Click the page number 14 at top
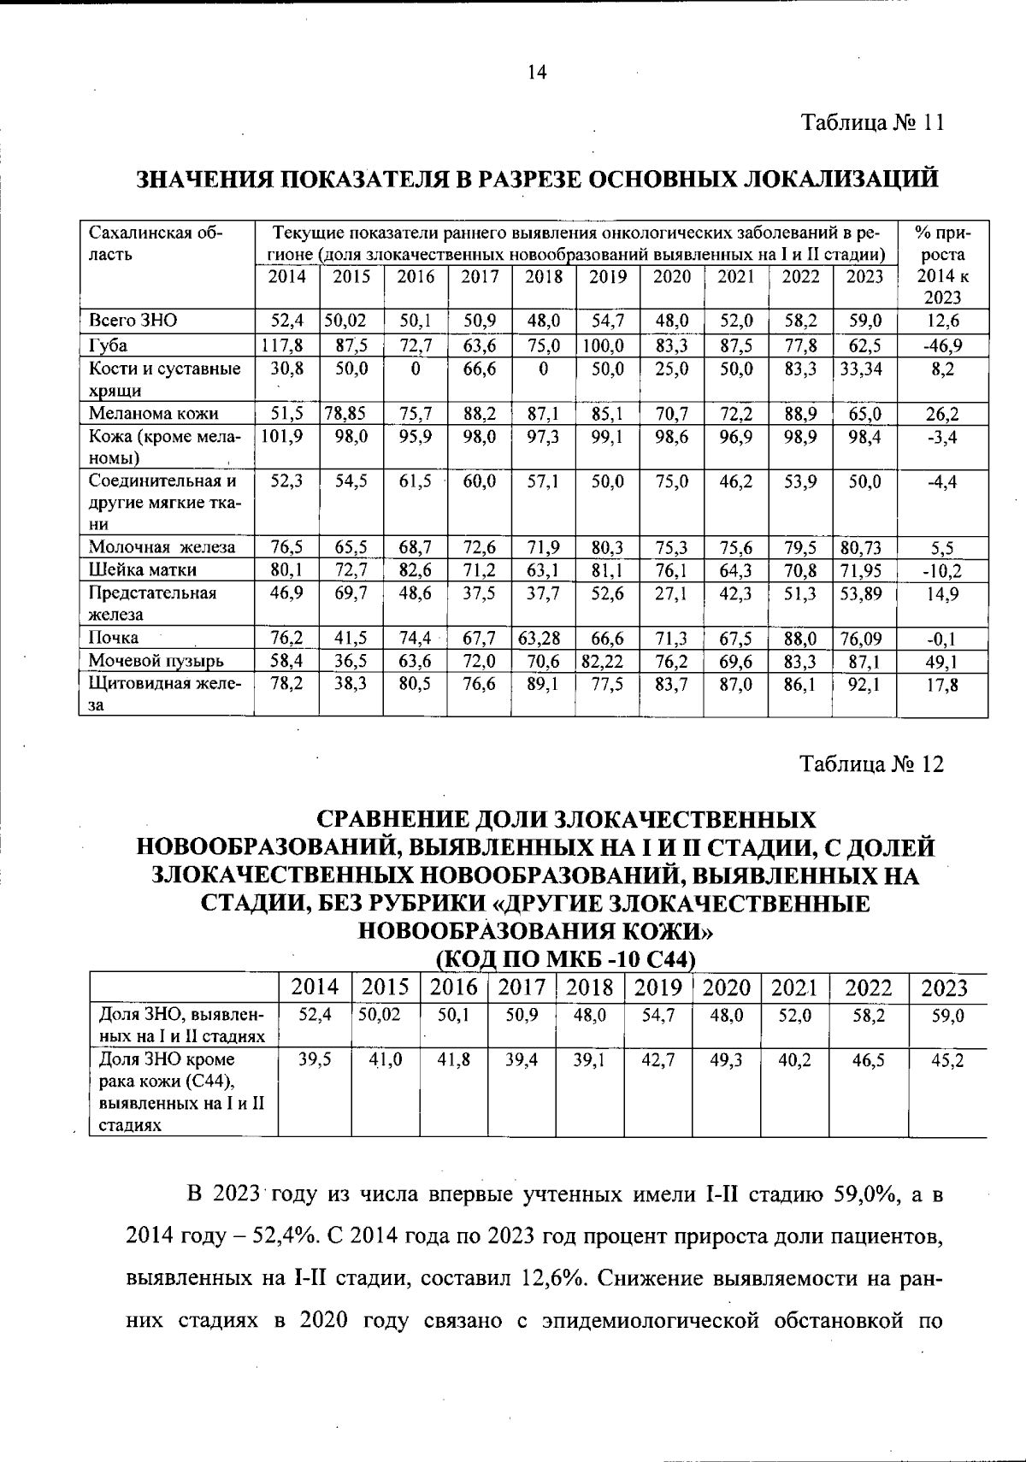[536, 73]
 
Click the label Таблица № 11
[872, 122]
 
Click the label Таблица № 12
[872, 763]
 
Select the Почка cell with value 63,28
[543, 638]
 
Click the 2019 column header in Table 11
[608, 276]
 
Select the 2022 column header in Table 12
[868, 988]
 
